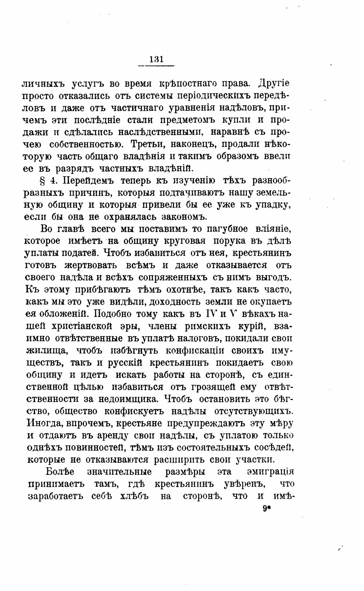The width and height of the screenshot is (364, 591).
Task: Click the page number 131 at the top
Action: point(156,59)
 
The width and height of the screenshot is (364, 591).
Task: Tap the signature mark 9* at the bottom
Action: point(266,509)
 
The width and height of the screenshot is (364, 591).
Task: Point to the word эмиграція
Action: point(270,472)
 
